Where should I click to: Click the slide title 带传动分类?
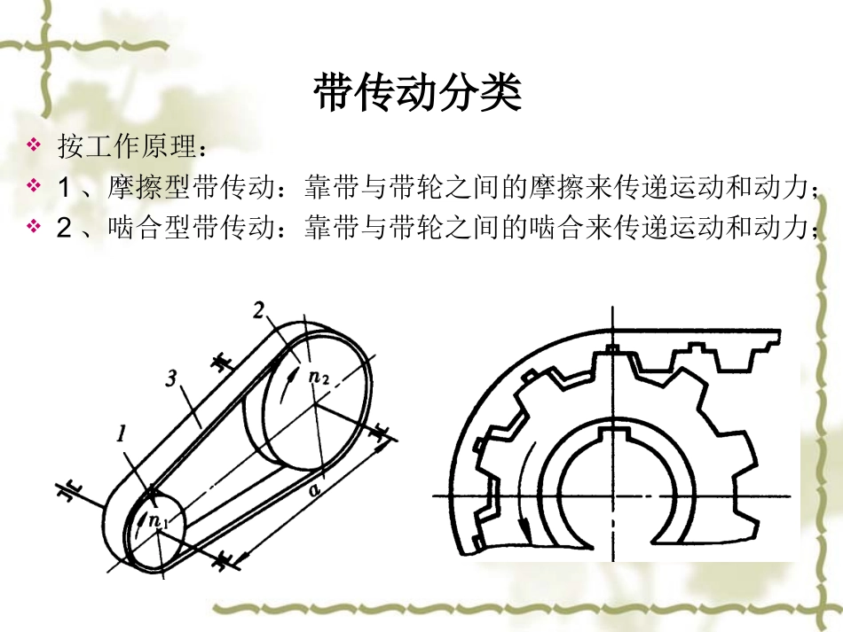tap(417, 93)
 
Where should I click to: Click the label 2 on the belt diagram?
tap(259, 311)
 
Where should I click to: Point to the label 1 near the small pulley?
tap(122, 436)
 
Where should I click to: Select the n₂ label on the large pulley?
tap(319, 377)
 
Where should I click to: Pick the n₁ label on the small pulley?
tap(159, 521)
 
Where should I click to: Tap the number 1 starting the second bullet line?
tap(63, 186)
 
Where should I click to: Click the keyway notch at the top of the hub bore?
tap(611, 435)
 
